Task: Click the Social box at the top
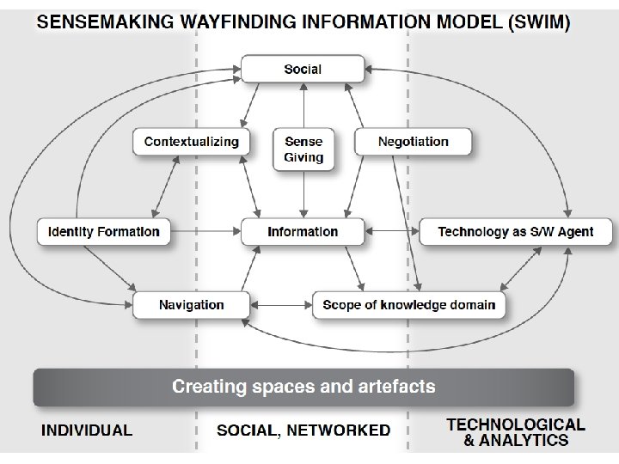(x=303, y=69)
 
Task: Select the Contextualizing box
(x=191, y=142)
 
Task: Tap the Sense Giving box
(x=303, y=149)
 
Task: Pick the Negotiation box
(x=413, y=142)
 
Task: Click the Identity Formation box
(x=104, y=231)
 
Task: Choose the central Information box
(x=303, y=231)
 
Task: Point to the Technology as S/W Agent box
(x=515, y=231)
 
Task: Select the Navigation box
(x=191, y=304)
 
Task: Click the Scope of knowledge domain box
(x=408, y=304)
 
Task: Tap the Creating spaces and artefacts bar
(x=303, y=387)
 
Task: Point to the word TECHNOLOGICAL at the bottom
(x=516, y=424)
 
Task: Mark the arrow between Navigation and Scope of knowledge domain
(x=280, y=304)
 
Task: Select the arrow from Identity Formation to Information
(x=205, y=231)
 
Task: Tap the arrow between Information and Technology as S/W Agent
(x=391, y=231)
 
